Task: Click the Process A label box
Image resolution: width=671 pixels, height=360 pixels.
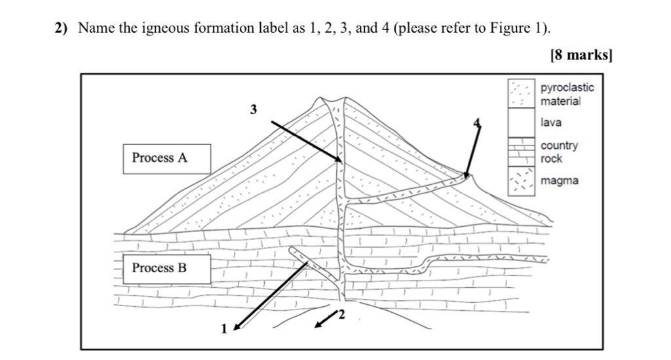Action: (x=166, y=158)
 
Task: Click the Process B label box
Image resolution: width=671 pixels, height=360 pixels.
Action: (x=166, y=268)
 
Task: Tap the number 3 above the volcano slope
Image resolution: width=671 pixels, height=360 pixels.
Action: (x=254, y=110)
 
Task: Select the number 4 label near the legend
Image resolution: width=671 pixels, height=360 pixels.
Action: (x=477, y=123)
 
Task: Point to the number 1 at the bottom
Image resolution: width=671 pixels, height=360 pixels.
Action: (x=223, y=329)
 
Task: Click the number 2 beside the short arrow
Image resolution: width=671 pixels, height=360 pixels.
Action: (x=341, y=317)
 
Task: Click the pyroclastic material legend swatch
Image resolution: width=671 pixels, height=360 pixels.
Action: (x=522, y=94)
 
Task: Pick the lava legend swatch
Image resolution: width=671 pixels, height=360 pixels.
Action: (x=522, y=123)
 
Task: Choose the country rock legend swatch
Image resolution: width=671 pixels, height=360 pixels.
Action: (x=522, y=151)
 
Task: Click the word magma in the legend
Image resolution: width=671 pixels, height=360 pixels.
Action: (x=559, y=181)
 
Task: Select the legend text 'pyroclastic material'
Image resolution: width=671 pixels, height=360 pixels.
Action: (x=566, y=94)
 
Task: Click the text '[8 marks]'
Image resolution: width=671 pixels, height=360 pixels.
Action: (x=581, y=55)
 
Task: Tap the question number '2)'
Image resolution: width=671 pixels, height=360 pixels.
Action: (x=62, y=28)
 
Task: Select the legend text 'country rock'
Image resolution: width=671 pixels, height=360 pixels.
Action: (x=559, y=152)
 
